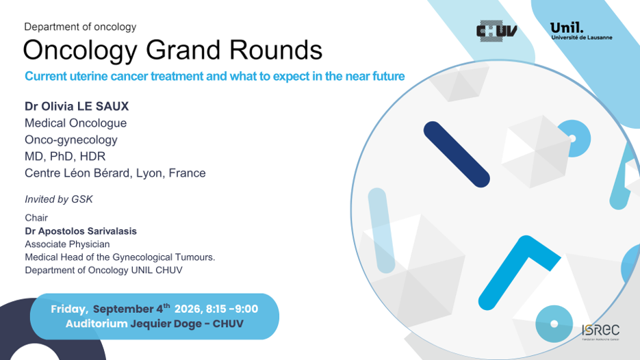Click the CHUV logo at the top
tap(497, 31)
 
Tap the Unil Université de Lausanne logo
tap(581, 31)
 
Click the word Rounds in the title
tap(276, 50)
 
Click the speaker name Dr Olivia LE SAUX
tap(77, 107)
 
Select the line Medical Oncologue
tap(75, 123)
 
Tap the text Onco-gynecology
tap(71, 140)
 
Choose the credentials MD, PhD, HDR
tap(65, 156)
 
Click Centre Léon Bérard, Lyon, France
tap(115, 173)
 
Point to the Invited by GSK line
tap(59, 199)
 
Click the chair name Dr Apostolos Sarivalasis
tap(81, 231)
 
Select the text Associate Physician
tap(67, 244)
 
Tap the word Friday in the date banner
tap(69, 309)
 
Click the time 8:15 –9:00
tap(232, 309)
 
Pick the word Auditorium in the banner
tap(97, 324)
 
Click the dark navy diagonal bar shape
tap(457, 154)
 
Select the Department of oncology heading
tap(80, 27)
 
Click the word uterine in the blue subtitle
tap(88, 77)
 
